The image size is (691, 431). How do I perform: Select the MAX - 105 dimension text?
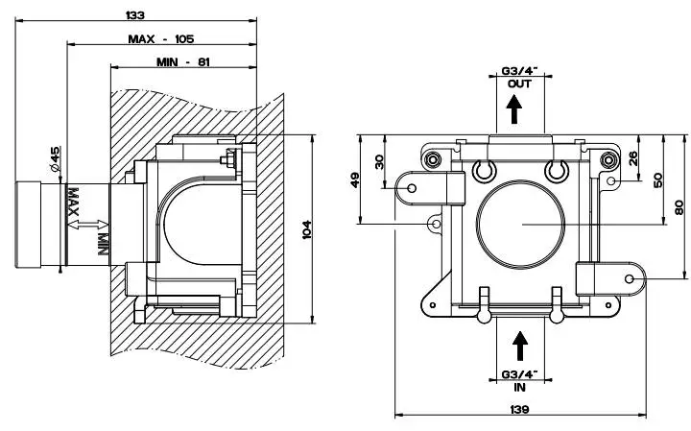[x=161, y=38]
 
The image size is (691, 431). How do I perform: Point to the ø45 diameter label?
[x=56, y=159]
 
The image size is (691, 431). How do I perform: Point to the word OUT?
[x=518, y=84]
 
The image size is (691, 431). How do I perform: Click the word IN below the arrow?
[x=519, y=388]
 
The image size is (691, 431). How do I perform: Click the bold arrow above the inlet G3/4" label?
[x=519, y=344]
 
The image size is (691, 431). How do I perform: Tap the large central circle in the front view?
[x=519, y=222]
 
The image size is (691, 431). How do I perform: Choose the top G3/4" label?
[x=519, y=71]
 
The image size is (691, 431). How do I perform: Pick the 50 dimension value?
[x=658, y=180]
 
